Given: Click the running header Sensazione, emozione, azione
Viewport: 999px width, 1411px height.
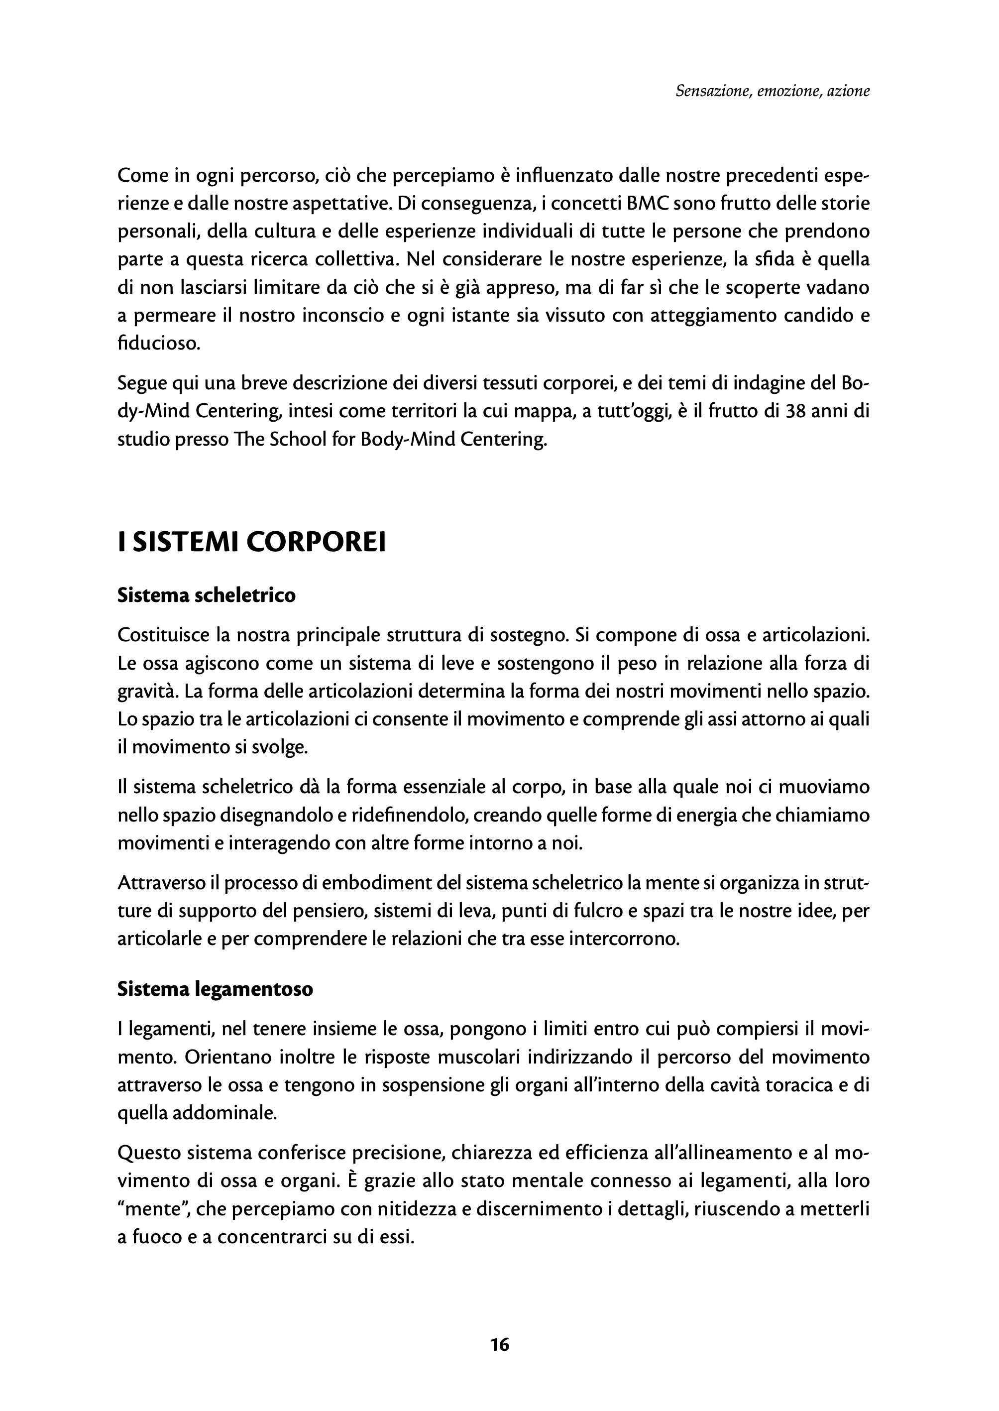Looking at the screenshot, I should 772,91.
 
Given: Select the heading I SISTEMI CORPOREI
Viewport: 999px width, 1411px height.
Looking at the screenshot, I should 251,542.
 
